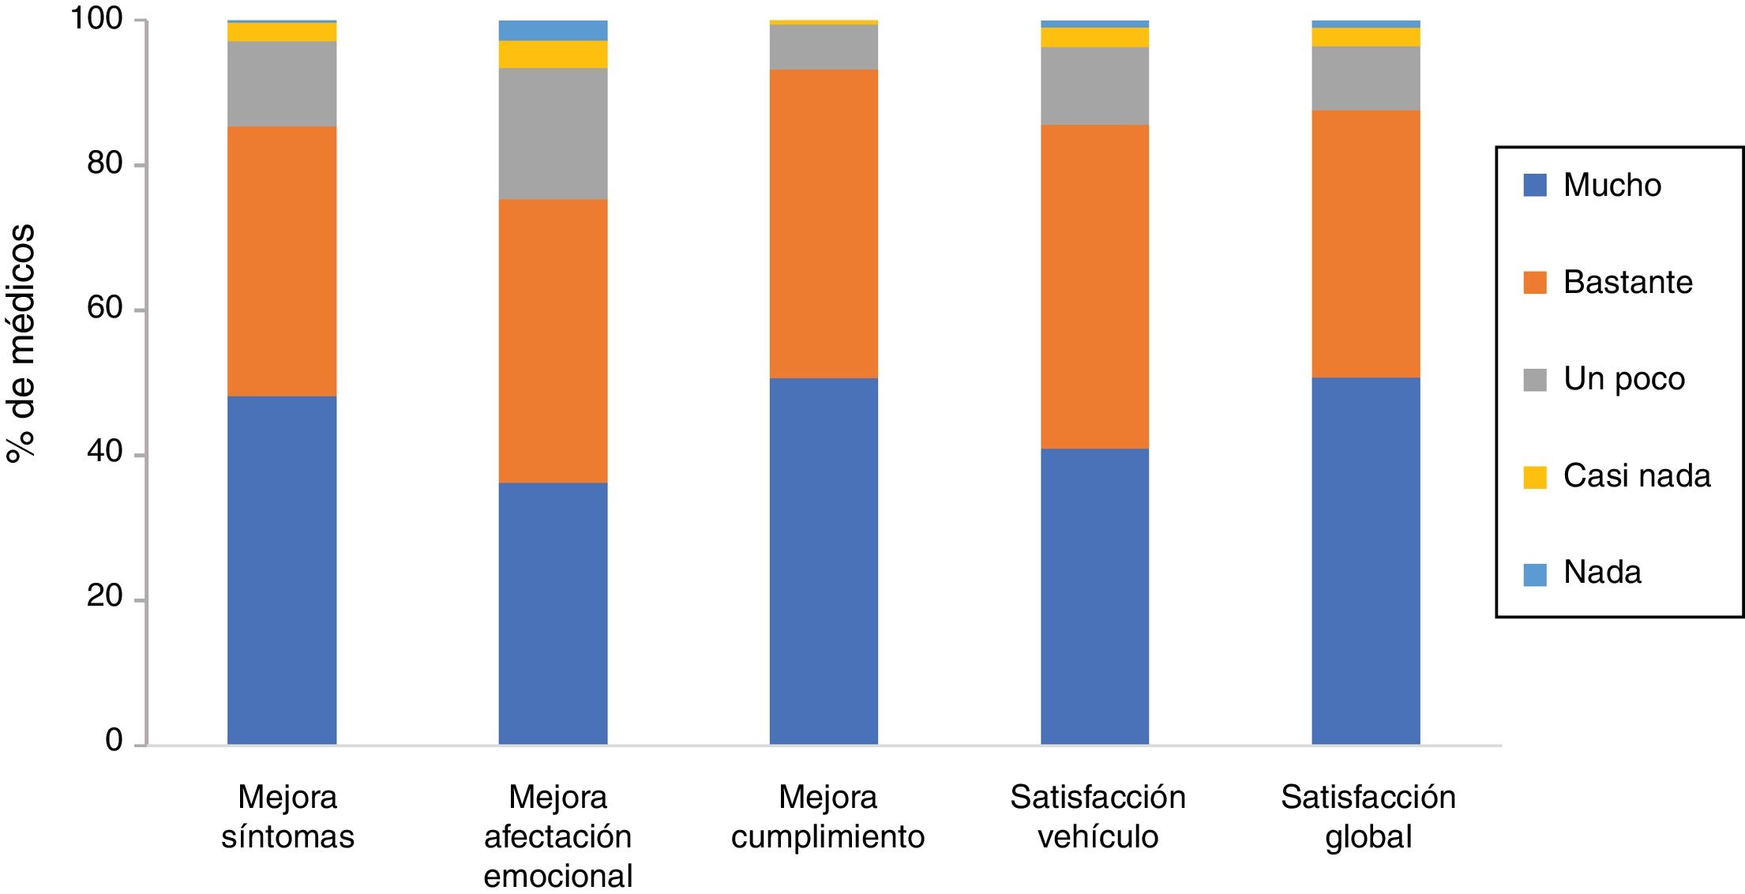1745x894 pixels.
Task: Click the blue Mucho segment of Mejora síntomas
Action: click(282, 570)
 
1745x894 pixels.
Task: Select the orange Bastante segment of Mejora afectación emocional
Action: click(553, 340)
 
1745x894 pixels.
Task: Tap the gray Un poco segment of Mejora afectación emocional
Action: click(553, 133)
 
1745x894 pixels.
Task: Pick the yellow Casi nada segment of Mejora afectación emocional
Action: click(553, 54)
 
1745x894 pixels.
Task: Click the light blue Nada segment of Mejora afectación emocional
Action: click(553, 31)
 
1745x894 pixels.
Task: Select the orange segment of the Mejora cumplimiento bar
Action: click(824, 223)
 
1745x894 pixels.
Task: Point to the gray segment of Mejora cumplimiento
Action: click(824, 47)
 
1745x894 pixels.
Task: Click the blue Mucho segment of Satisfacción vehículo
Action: click(1094, 596)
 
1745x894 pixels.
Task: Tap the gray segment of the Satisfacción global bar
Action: click(1366, 78)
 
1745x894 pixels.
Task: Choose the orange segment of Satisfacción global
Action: click(1366, 243)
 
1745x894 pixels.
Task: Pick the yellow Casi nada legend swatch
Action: click(1535, 477)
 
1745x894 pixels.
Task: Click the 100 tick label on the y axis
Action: click(97, 18)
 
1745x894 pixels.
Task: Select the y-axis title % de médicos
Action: click(21, 343)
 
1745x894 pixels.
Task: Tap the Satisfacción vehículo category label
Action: click(1098, 817)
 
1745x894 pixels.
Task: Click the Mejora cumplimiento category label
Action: click(827, 817)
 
